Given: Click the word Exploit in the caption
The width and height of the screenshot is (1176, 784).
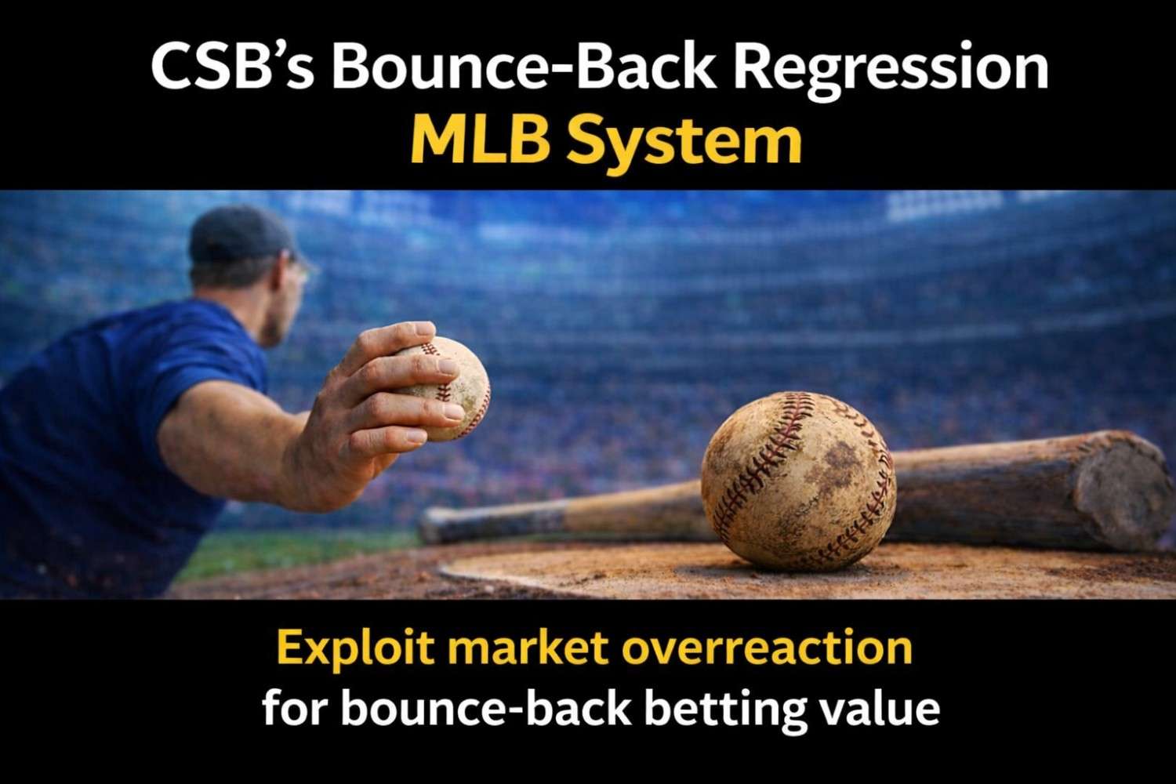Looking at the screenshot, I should [x=354, y=649].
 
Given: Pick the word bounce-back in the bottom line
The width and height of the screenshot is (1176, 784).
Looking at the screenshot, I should [x=486, y=708].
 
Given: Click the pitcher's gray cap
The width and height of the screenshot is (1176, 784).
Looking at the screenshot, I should [x=239, y=235].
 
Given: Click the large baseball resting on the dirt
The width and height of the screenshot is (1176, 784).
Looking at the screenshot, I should [x=798, y=480].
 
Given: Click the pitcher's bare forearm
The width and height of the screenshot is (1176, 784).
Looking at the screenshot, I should [x=251, y=447].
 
